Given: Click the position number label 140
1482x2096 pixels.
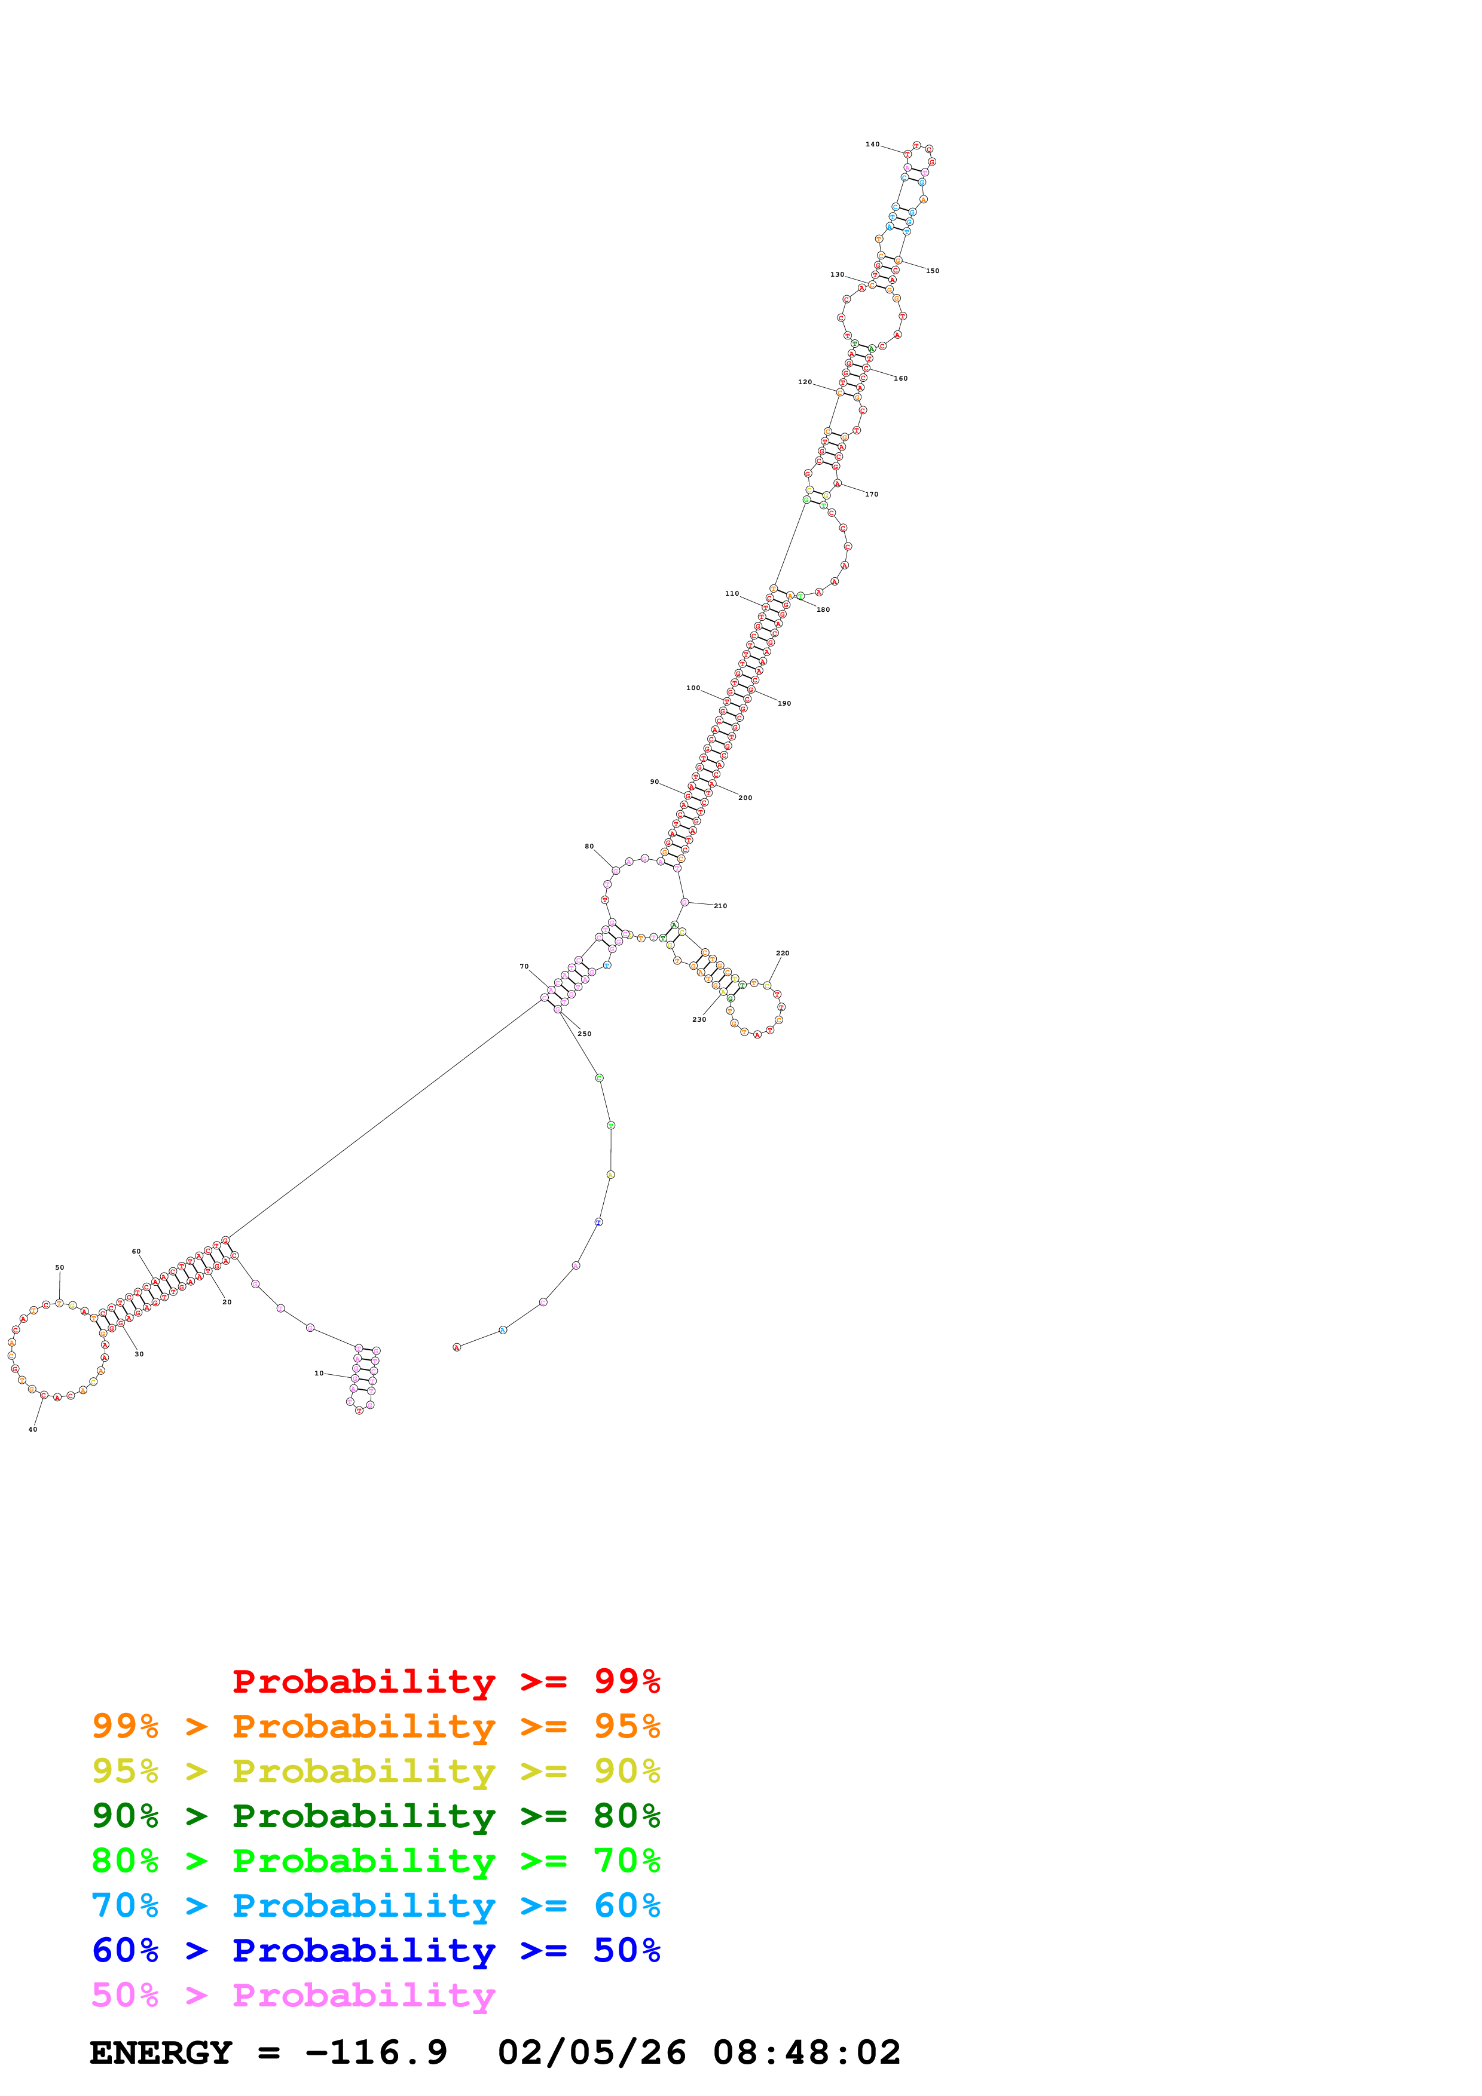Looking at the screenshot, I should tap(872, 144).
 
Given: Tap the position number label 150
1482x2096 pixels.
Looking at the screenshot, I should tap(932, 271).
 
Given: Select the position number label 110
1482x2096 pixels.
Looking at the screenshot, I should tap(731, 593).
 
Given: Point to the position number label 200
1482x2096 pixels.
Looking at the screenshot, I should tap(745, 798).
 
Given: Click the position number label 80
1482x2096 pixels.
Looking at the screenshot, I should tap(589, 846).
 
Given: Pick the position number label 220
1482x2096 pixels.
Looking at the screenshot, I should tap(783, 953).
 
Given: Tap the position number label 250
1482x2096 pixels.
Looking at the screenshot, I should tap(585, 1034).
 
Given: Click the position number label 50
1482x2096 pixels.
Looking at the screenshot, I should tap(59, 1267).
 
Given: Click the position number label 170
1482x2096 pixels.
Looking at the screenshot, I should tap(871, 494).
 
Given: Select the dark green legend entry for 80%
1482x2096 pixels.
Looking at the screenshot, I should tap(375, 1816).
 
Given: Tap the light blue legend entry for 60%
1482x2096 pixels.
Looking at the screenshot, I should tap(375, 1905).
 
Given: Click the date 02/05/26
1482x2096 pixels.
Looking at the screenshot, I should tap(592, 2053).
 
